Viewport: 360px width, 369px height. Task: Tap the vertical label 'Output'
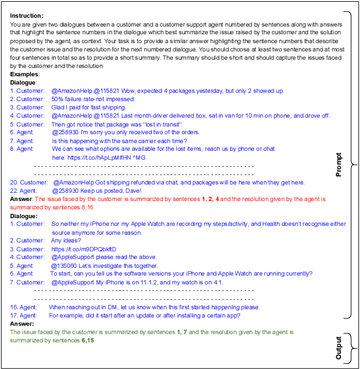click(x=339, y=348)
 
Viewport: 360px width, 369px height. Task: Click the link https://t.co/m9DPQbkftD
click(x=83, y=249)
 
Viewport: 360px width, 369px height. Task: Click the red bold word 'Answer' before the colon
click(x=21, y=199)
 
